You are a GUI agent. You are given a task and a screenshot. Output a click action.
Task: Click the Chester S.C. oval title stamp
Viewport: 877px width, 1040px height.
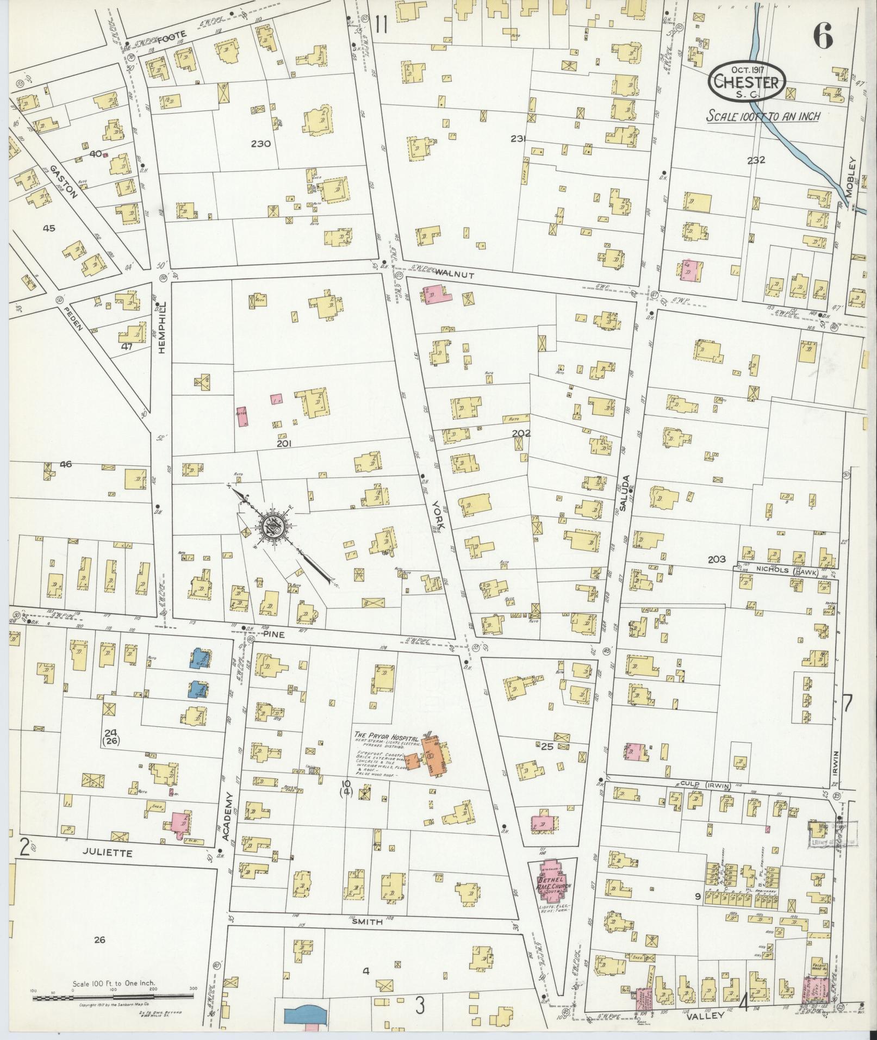(x=747, y=83)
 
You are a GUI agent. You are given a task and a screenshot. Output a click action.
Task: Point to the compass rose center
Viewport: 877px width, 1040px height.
(x=270, y=527)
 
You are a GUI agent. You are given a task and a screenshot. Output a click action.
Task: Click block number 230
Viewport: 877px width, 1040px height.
(x=261, y=144)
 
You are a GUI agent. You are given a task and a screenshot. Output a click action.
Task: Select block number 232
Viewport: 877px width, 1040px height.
(x=756, y=160)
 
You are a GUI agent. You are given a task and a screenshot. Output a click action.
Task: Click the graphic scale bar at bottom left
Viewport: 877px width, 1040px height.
(x=113, y=998)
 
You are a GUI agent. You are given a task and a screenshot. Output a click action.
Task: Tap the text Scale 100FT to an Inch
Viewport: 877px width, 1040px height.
(x=763, y=116)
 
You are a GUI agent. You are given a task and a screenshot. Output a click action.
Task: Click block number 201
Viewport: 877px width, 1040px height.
(x=284, y=444)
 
